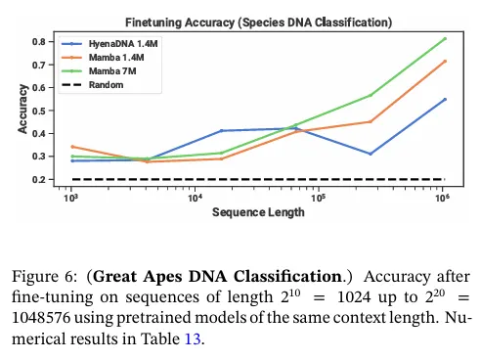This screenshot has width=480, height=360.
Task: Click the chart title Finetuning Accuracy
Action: pos(180,22)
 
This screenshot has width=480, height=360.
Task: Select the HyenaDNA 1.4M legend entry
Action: pos(109,44)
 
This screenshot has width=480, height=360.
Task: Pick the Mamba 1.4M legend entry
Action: pos(103,58)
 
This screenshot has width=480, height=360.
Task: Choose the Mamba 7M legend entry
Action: pos(99,71)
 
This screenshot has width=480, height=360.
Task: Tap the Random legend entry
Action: pos(93,85)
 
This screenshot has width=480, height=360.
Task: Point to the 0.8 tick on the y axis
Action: pos(39,42)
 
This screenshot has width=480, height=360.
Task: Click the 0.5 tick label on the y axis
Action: pos(39,111)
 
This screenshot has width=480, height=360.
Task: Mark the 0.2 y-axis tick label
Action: pos(39,179)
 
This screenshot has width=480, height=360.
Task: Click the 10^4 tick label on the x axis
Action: pos(195,198)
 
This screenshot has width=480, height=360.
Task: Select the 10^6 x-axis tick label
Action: pos(442,198)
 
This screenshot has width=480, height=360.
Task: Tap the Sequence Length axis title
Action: pos(258,212)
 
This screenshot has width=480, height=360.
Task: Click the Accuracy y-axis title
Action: pos(22,109)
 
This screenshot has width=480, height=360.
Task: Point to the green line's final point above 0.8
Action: pos(445,39)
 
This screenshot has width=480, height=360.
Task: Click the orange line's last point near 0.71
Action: pos(445,62)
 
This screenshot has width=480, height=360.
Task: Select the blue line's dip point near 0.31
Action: pos(371,154)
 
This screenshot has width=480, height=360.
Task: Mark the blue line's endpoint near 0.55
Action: pos(445,100)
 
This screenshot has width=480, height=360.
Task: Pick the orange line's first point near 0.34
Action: pos(72,147)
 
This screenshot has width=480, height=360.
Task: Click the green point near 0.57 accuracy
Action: pos(371,95)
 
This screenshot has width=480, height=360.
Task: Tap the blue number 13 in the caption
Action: pos(193,338)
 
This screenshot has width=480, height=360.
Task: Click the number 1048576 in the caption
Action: pos(41,318)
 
